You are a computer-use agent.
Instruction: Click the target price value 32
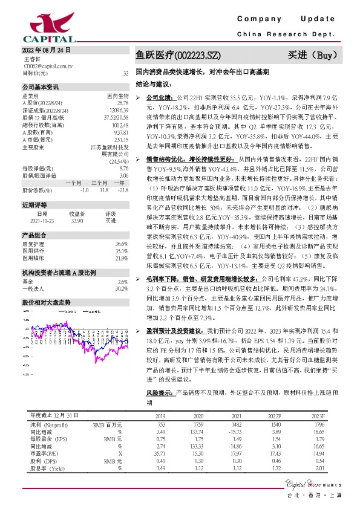[x=126, y=73]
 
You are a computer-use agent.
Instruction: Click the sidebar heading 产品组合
[x=34, y=201]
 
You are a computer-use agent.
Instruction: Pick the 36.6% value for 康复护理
[x=121, y=209]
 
